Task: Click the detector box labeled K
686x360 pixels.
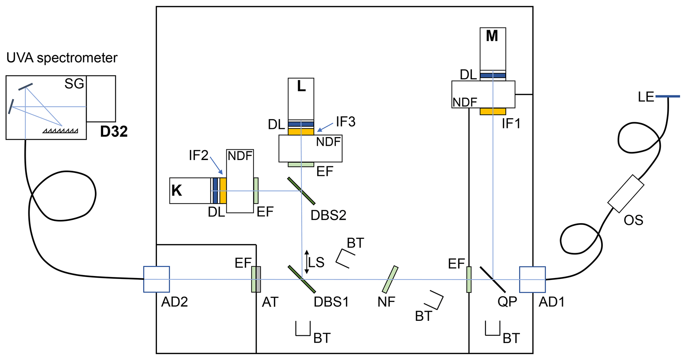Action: (190, 191)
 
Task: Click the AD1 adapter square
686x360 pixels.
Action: (532, 280)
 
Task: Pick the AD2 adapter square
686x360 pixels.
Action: (156, 279)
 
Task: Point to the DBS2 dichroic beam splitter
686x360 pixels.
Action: (301, 191)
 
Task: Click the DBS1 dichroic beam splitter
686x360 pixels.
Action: (302, 279)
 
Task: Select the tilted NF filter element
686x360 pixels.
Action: (390, 279)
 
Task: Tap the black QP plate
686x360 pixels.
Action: (493, 279)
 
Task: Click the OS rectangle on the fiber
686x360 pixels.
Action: (626, 194)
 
